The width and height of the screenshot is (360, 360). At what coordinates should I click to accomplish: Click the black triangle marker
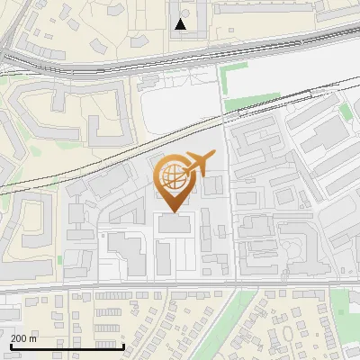181,24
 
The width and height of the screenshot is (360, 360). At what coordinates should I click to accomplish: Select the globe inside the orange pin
173,176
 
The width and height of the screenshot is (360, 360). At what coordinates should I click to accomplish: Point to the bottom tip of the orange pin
173,211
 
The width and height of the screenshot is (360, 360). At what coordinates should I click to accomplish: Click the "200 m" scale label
23,338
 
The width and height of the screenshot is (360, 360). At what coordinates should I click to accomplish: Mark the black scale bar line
67,346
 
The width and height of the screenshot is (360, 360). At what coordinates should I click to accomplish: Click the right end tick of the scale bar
123,345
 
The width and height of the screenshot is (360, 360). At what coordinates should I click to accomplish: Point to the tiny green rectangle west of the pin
60,259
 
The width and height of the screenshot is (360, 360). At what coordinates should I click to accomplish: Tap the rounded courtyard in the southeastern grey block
292,243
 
